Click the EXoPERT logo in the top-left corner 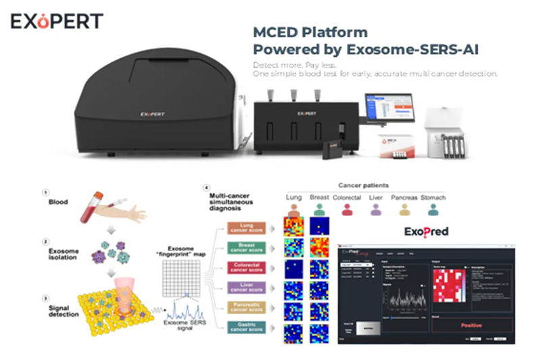[x=57, y=20]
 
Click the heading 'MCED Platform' [x=310, y=32]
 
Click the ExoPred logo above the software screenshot [x=426, y=231]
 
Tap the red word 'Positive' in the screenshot [x=471, y=325]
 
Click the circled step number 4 [x=206, y=187]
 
